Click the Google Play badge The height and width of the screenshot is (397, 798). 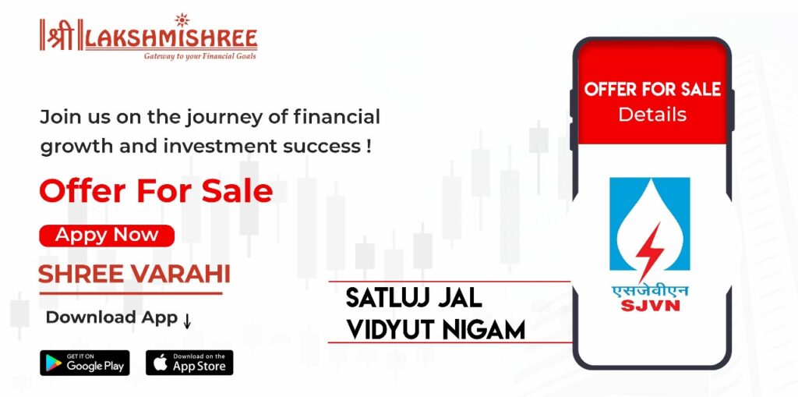pos(84,363)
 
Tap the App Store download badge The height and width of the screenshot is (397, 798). pos(189,363)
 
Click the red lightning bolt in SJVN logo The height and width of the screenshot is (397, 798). pos(649,251)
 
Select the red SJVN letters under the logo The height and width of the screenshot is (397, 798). pos(650,305)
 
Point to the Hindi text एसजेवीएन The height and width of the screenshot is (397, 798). pos(650,292)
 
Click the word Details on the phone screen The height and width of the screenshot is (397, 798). pos(652,114)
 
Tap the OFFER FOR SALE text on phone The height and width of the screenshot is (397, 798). pos(652,90)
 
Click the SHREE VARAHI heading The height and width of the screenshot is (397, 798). pos(134,275)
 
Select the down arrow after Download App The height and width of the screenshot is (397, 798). pos(187,320)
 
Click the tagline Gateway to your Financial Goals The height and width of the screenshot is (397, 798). pos(200,56)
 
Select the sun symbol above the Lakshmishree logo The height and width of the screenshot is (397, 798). pos(182,20)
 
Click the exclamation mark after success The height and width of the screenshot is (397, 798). pos(368,147)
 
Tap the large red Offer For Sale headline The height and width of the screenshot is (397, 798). pos(156,192)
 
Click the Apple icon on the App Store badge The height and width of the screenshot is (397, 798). pos(160,363)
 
